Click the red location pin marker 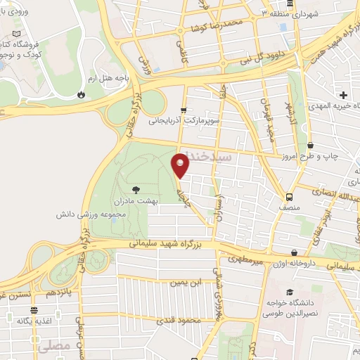point(181,165)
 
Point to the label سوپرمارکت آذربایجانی point(184,120)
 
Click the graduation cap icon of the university point(288,292)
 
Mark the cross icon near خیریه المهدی point(342,95)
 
